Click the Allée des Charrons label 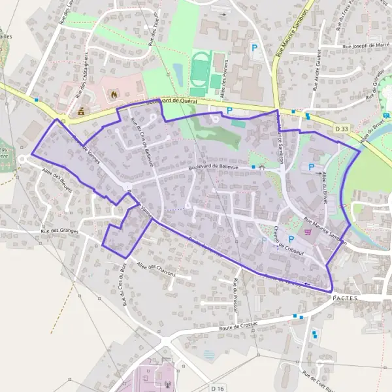[x=156, y=269]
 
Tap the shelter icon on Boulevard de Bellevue [x=262, y=167]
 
